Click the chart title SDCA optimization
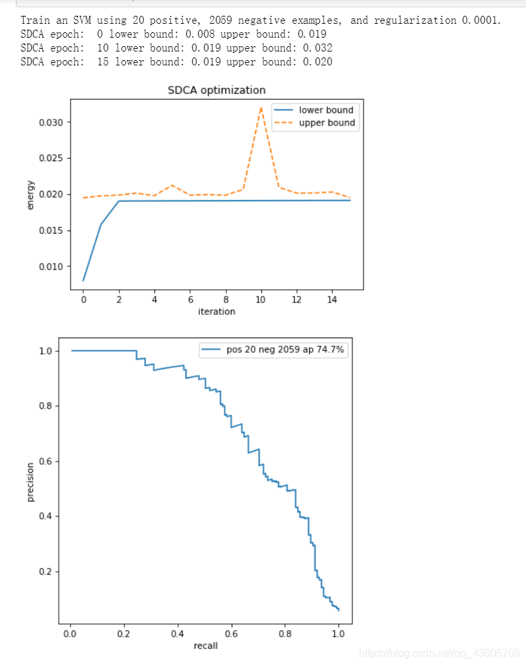coord(216,90)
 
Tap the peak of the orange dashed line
coord(261,108)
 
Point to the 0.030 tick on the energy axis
coord(51,123)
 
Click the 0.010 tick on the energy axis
coord(51,267)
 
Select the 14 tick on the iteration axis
coord(332,299)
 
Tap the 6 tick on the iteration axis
coord(190,299)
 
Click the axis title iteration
coord(216,311)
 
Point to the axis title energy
coord(30,195)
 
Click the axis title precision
coord(30,482)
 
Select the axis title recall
coord(205,645)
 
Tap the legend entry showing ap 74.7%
coord(273,349)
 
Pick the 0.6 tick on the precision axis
coord(45,461)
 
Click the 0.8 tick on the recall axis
coord(285,633)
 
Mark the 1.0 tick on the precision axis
coord(45,351)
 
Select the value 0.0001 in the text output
coord(480,20)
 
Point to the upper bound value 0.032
coord(317,48)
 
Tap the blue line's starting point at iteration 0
coord(83,281)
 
